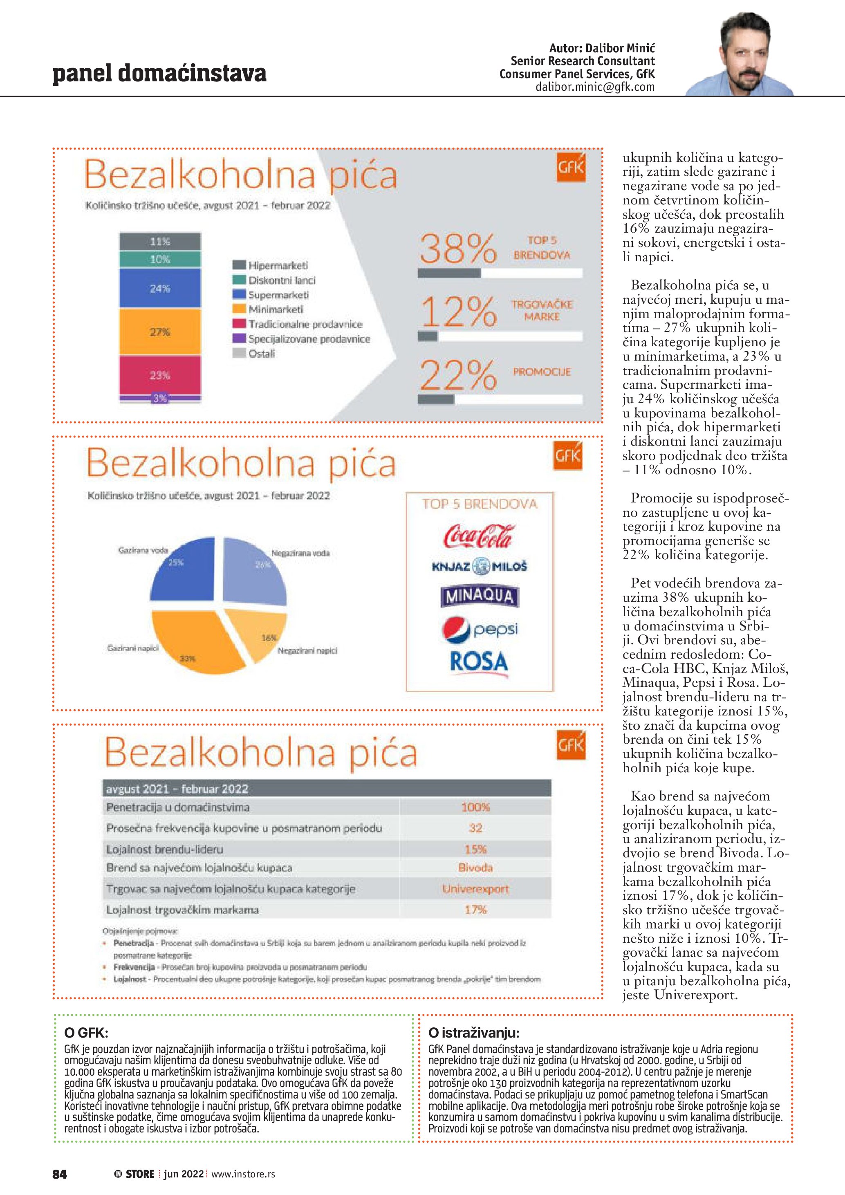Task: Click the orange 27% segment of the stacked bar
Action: (160, 332)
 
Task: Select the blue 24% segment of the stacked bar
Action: (160, 288)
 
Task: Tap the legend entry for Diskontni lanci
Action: (281, 280)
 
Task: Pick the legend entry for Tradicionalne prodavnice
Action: (305, 324)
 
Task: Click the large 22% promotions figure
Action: (458, 375)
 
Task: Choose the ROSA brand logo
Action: (479, 661)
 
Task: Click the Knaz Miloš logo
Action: (479, 566)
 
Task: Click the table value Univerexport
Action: (475, 889)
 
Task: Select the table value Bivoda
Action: (475, 868)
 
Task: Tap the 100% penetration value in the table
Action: (475, 807)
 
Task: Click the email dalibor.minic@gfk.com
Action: (595, 87)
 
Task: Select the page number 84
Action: (59, 1174)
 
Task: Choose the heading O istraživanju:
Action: (473, 1033)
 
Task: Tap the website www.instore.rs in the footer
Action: (243, 1174)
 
